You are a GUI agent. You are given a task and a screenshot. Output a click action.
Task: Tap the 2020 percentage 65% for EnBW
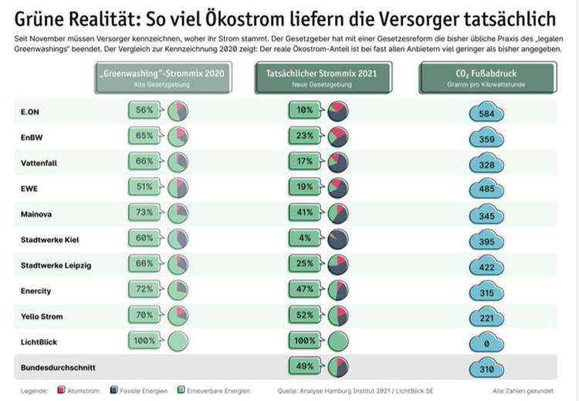point(144,136)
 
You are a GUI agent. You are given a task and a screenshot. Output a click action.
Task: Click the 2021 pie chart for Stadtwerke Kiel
point(337,239)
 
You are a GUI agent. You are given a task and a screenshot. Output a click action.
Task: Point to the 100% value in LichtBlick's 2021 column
point(304,340)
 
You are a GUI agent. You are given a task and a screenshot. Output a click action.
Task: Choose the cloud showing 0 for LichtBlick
point(486,342)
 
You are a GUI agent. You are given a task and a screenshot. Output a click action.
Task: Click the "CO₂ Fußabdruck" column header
point(486,79)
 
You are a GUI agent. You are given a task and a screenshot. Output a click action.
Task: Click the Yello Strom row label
point(42,316)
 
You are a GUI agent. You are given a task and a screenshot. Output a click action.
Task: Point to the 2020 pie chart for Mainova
point(178,213)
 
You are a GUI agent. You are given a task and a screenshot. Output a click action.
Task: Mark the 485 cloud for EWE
point(486,188)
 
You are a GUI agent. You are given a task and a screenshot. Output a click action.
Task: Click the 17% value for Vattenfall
point(304,162)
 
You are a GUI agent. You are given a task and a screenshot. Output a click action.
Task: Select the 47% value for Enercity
point(304,290)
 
